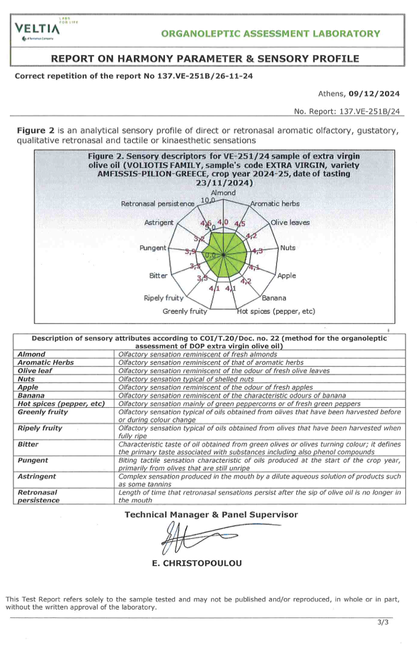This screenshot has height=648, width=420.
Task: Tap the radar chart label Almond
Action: click(x=223, y=192)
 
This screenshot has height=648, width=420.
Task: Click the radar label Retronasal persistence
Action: click(x=158, y=204)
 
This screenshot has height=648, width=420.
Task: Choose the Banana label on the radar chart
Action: click(x=274, y=298)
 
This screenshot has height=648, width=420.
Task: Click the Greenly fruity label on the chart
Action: click(x=185, y=311)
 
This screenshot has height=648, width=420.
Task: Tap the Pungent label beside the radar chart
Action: click(x=153, y=247)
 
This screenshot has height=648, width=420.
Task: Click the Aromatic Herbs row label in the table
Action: click(x=45, y=362)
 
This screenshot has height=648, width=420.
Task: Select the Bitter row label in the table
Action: click(x=28, y=444)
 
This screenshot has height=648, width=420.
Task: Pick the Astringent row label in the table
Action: click(x=37, y=477)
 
